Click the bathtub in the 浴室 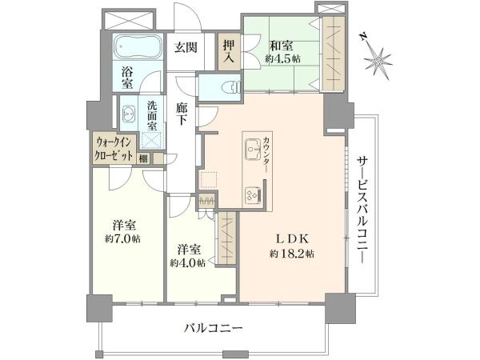tap(138, 47)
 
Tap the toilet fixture tap(233, 86)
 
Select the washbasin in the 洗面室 tap(129, 114)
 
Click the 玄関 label tap(186, 47)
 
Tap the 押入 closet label tap(229, 51)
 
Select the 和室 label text tap(281, 46)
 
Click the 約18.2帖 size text tap(292, 254)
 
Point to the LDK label tap(292, 238)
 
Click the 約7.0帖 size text tap(122, 238)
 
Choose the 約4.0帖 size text tap(188, 263)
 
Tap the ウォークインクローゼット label tap(114, 149)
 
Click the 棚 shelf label tap(143, 158)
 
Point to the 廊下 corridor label tap(182, 114)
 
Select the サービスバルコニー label tap(362, 210)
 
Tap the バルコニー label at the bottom tap(214, 329)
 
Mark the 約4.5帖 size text tap(282, 58)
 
